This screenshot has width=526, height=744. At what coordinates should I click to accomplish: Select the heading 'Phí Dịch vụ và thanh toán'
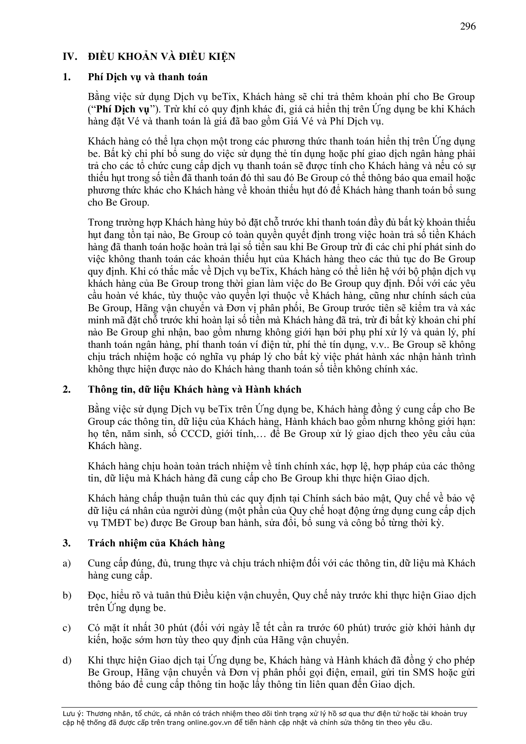[147, 77]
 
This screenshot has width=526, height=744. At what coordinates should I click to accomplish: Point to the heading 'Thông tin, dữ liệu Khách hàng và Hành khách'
[194, 389]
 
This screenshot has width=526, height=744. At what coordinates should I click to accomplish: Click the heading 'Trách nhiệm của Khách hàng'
[156, 543]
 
